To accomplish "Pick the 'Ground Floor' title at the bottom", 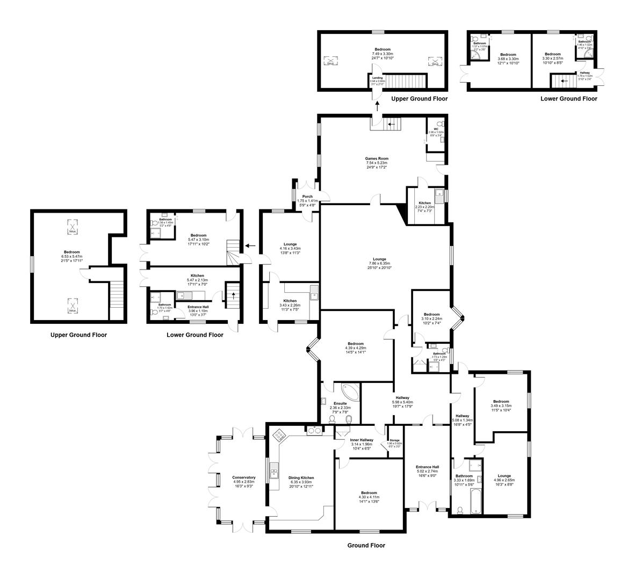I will pos(366,545).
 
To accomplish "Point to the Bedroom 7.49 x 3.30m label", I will pos(383,54).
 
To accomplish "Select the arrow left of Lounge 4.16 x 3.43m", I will pos(250,246).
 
